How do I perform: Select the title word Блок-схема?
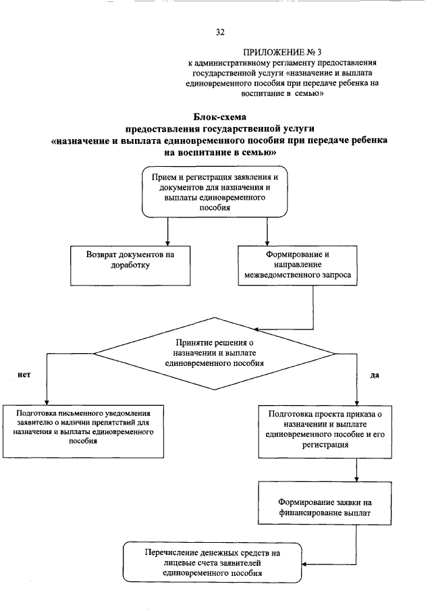pyautogui.click(x=217, y=117)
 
